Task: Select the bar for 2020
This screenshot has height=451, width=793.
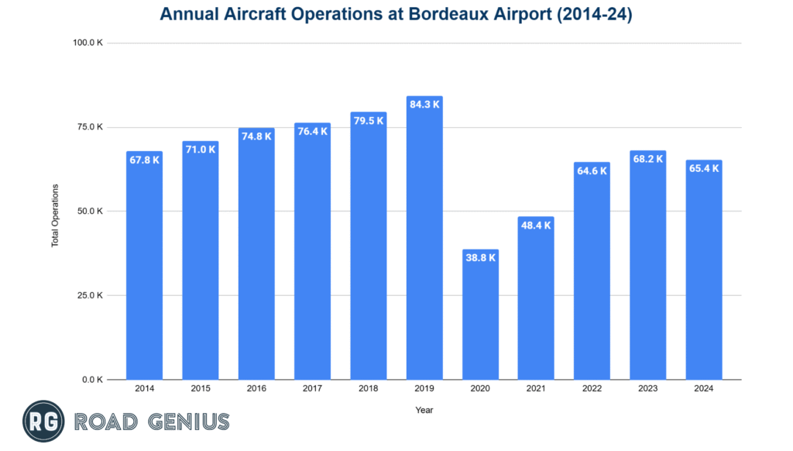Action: pyautogui.click(x=480, y=318)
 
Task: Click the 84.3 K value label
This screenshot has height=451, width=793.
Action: pyautogui.click(x=424, y=105)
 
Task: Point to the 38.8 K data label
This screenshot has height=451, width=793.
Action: pyautogui.click(x=480, y=258)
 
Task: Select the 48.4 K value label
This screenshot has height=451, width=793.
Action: pyautogui.click(x=536, y=225)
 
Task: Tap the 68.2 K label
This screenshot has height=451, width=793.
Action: pyautogui.click(x=647, y=159)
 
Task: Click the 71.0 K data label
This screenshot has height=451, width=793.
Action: pyautogui.click(x=200, y=150)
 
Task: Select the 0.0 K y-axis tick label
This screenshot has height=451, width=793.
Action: pyautogui.click(x=94, y=380)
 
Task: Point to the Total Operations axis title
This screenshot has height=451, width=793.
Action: pyautogui.click(x=55, y=215)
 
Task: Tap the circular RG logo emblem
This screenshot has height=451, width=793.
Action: pyautogui.click(x=43, y=422)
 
